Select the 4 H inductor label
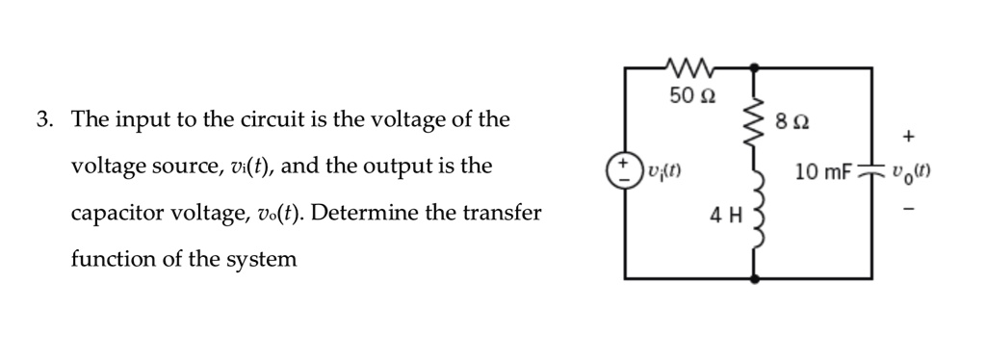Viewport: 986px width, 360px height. [x=723, y=214]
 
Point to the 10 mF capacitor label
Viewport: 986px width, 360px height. [x=823, y=173]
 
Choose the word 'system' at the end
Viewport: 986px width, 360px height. [x=261, y=259]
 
